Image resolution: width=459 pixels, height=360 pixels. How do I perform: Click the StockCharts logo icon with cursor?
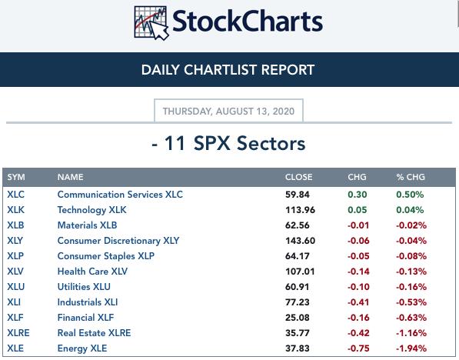tap(151, 23)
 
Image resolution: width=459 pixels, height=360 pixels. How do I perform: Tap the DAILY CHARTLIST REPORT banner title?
tap(228, 70)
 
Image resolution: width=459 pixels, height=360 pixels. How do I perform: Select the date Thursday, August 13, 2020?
tap(228, 112)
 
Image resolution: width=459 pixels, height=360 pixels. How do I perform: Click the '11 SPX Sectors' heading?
tap(234, 144)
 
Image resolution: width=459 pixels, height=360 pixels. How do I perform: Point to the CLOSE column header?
tap(298, 177)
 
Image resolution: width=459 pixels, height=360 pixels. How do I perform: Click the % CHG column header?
tap(410, 177)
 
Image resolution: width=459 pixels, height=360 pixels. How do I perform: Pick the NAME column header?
tap(70, 177)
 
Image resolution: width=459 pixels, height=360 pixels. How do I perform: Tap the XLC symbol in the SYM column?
tap(16, 195)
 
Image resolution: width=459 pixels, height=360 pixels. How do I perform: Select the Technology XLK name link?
tap(92, 210)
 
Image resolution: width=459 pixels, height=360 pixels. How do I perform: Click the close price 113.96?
tap(300, 210)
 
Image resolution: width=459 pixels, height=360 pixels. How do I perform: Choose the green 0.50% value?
tap(410, 195)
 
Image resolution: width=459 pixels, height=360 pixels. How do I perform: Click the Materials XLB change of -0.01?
tap(358, 225)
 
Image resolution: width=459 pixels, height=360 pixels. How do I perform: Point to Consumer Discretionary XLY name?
tap(118, 241)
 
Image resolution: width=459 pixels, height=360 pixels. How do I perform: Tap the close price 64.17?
tap(297, 256)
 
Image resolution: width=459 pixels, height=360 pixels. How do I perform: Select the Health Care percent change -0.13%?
tap(411, 272)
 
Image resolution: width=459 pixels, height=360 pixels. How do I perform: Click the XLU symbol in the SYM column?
tap(16, 287)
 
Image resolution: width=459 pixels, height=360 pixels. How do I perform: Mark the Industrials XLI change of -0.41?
tap(358, 302)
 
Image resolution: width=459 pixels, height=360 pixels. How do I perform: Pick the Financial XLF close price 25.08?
tap(297, 318)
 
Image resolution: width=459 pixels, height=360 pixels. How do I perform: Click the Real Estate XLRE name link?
tap(94, 333)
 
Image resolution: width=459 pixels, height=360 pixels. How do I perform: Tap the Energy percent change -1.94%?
tap(411, 348)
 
